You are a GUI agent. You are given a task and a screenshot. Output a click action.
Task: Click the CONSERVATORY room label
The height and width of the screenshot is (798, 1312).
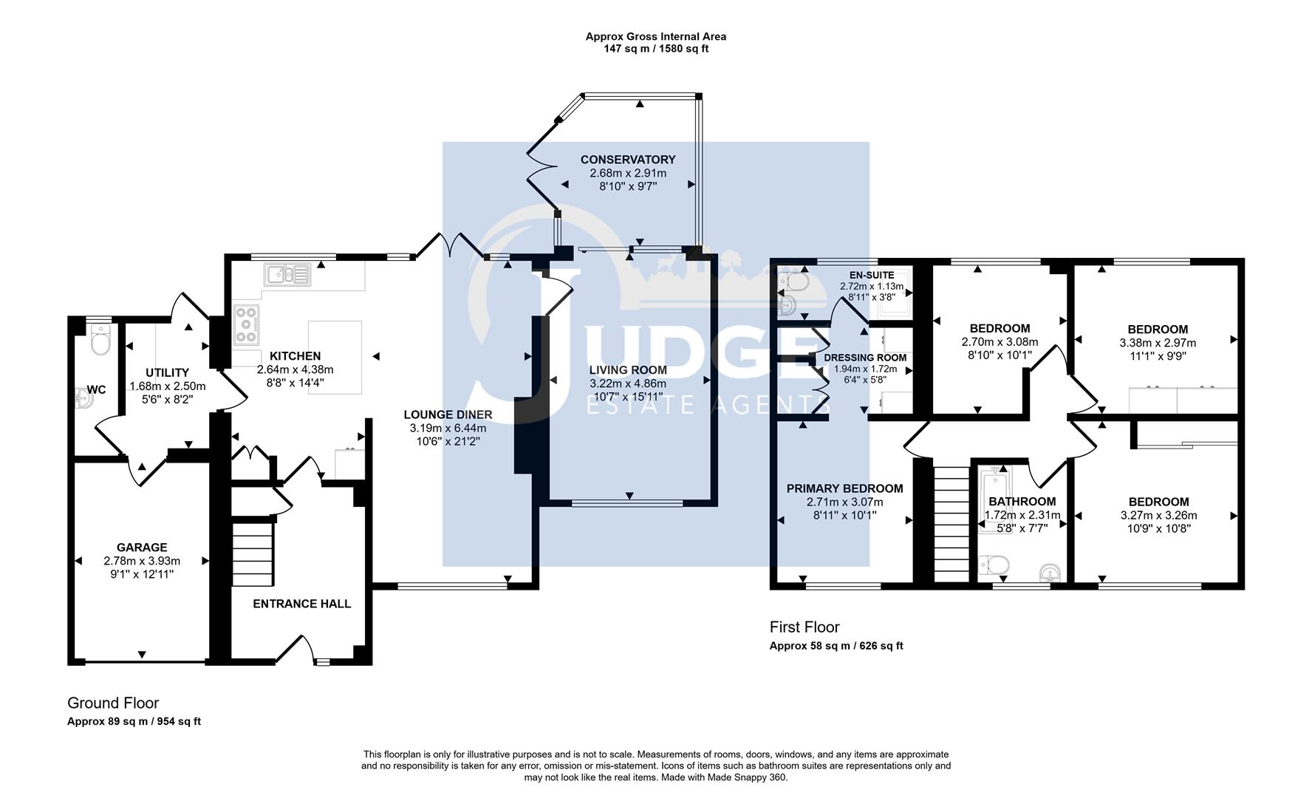pyautogui.click(x=627, y=160)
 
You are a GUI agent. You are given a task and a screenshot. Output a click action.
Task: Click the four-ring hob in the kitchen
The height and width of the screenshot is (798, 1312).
pyautogui.click(x=247, y=325)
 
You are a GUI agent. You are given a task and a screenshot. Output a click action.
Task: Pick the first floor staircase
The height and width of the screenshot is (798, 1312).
pyautogui.click(x=951, y=523)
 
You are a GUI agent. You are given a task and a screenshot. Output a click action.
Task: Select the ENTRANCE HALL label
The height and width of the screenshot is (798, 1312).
pyautogui.click(x=301, y=604)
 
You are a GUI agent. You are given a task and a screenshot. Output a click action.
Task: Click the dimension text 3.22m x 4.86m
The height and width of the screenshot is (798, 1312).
pyautogui.click(x=627, y=383)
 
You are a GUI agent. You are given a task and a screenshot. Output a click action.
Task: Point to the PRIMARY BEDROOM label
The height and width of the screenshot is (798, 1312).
pyautogui.click(x=844, y=488)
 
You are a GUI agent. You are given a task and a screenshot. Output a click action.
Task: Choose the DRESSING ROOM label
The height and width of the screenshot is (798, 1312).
pyautogui.click(x=865, y=358)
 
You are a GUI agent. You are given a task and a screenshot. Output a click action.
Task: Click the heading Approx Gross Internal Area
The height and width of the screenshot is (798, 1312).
pyautogui.click(x=655, y=36)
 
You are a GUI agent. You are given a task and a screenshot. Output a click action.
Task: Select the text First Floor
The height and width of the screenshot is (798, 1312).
pyautogui.click(x=804, y=627)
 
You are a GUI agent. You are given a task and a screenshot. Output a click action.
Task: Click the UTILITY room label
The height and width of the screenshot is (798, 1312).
pyautogui.click(x=167, y=372)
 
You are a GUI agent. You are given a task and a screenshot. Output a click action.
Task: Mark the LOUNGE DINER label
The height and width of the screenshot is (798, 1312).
pyautogui.click(x=448, y=415)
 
